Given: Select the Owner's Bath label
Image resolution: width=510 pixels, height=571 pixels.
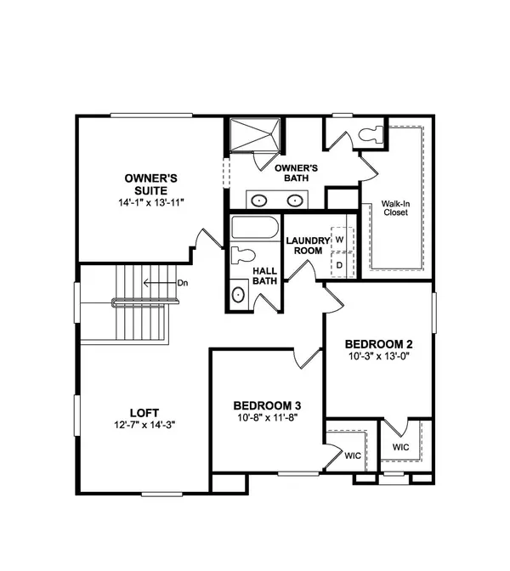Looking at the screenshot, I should point(296,173).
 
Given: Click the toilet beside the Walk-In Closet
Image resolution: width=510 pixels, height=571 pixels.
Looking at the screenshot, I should point(371,133).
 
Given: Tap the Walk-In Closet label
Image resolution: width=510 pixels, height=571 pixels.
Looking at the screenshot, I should point(394,207).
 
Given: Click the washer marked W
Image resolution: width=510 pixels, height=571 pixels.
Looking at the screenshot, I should point(339,240).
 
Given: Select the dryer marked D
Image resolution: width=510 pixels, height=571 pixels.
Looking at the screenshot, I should point(339,264).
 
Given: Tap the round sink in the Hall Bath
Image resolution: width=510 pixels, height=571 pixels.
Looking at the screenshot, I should point(239,295).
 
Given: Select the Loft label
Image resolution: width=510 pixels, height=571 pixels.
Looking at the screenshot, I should point(140,409).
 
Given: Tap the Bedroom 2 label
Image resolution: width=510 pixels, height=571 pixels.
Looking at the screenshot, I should point(378,343).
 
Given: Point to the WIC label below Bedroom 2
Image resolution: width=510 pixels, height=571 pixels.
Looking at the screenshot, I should point(399,447).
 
